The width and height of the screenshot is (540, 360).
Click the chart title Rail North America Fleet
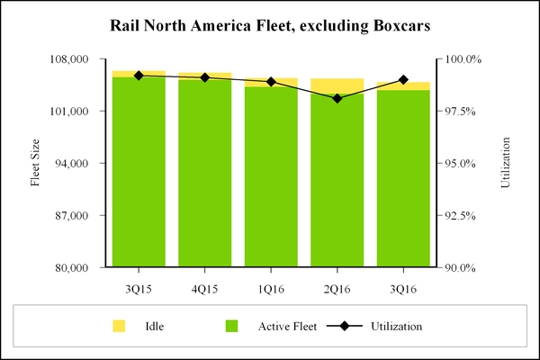click(270, 23)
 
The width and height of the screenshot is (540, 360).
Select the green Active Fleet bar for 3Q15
click(139, 171)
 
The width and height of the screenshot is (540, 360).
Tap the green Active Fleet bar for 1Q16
click(271, 176)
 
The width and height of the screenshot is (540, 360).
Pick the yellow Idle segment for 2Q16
click(337, 85)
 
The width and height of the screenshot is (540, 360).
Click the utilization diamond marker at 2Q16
click(337, 98)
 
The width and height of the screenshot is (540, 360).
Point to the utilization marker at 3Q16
click(403, 80)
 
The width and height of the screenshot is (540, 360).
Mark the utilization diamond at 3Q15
click(139, 76)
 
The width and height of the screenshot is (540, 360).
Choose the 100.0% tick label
click(466, 59)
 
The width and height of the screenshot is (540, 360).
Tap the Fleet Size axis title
click(36, 163)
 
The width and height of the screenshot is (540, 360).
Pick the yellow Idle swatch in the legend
click(119, 325)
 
